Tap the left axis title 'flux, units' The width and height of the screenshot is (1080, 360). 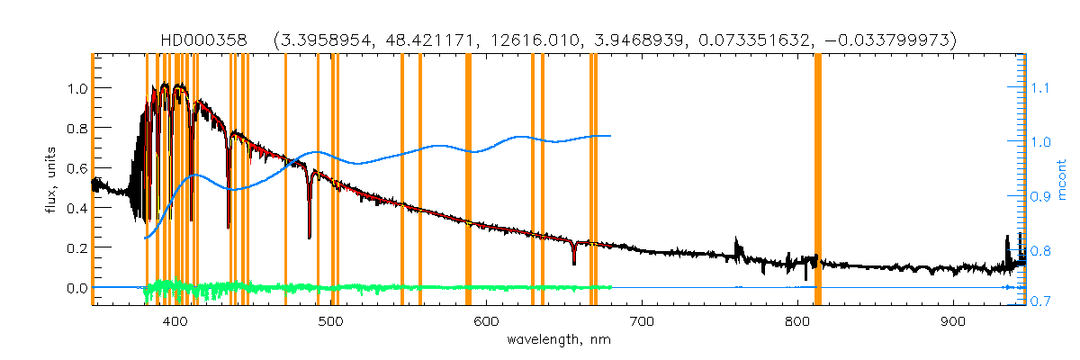(x=52, y=180)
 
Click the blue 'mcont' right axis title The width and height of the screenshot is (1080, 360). (x=1062, y=179)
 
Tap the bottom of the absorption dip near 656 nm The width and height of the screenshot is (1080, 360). (x=574, y=264)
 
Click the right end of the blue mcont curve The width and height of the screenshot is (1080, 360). (x=611, y=136)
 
